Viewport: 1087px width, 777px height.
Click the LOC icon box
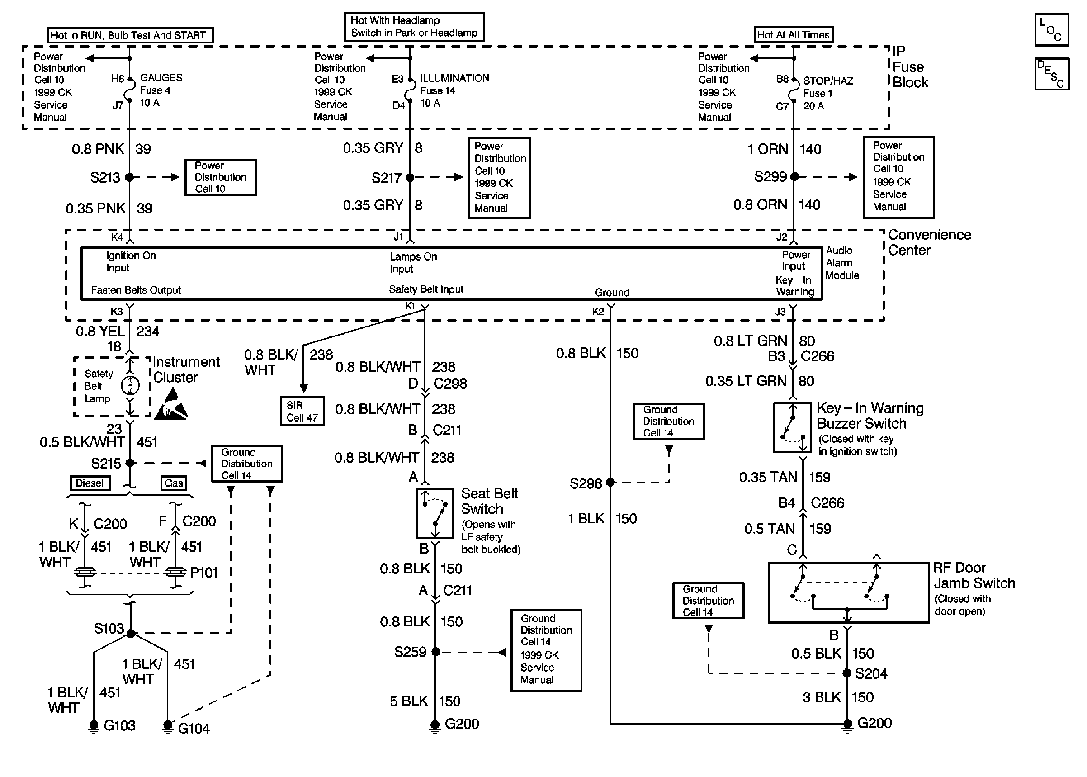point(1052,30)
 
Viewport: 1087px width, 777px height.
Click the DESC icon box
point(1052,74)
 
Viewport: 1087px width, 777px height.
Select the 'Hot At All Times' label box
point(793,35)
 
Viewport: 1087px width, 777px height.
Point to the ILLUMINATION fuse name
point(455,78)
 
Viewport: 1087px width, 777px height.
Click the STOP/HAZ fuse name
point(828,81)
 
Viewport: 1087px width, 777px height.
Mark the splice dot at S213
point(129,177)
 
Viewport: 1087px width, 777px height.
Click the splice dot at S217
point(410,177)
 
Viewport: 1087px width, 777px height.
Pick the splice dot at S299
point(794,177)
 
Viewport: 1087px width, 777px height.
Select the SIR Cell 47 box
point(302,412)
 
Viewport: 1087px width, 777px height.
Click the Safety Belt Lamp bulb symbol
point(130,386)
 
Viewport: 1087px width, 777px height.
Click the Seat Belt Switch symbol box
point(435,513)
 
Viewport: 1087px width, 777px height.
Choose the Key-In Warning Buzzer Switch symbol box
point(792,428)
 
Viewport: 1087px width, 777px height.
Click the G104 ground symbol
point(167,727)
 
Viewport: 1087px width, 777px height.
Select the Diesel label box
point(90,483)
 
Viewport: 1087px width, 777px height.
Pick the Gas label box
point(174,483)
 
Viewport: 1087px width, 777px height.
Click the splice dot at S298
point(610,482)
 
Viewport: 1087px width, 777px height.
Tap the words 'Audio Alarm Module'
point(842,263)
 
